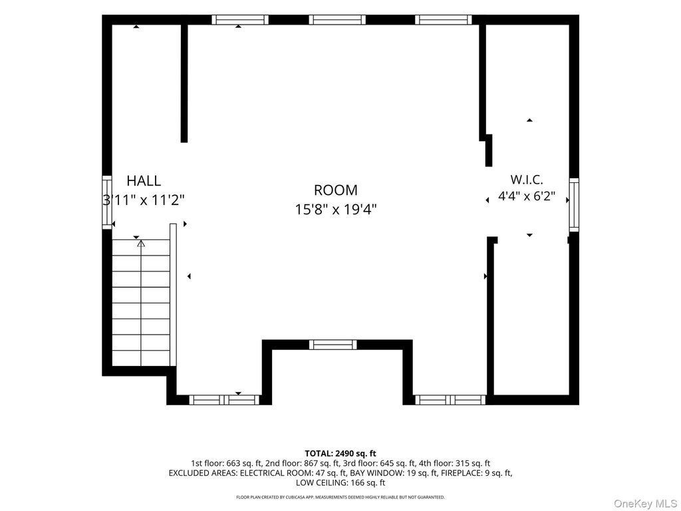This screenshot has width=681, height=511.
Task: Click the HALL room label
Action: coord(144,180)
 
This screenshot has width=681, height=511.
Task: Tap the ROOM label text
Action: coord(336,190)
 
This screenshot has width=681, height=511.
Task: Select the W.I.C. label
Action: coord(527,180)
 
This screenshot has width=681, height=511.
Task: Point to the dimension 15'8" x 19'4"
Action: coord(336,210)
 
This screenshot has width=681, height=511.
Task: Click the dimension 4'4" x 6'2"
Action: coord(527,196)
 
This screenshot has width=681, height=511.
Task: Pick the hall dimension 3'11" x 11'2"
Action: coord(144,200)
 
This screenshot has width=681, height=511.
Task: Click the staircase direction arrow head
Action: coord(141,244)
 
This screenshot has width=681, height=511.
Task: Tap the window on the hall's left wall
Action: coord(107,202)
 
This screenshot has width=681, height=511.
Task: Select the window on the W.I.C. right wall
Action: coord(574,205)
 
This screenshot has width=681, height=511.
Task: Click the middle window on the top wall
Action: coord(337,19)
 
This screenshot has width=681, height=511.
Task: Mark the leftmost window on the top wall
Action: coord(240,19)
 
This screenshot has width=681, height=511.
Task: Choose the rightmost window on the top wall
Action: coord(444,19)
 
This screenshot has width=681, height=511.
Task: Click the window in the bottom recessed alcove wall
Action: coord(333,345)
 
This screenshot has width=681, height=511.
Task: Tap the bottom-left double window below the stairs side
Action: coord(224,400)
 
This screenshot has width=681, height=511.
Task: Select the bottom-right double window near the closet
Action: coord(450,400)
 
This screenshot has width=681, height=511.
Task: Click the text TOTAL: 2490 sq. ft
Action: coord(340,454)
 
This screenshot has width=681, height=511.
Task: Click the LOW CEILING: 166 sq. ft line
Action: coord(340,483)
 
